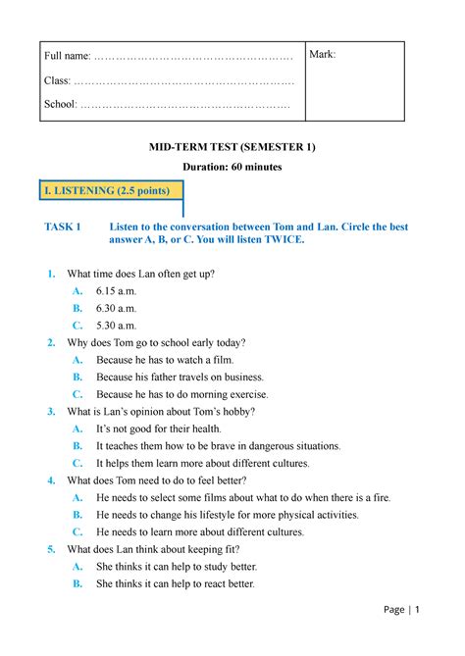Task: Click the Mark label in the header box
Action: (x=323, y=54)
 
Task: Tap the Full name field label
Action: (x=71, y=62)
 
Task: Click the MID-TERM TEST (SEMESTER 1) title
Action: (x=232, y=147)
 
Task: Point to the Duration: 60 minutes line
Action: (x=232, y=168)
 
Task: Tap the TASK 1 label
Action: (x=64, y=227)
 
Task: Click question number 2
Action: (x=51, y=342)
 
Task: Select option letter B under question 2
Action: (x=77, y=377)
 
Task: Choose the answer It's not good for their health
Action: (x=173, y=429)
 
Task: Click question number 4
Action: (x=51, y=480)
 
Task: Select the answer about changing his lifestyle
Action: (x=228, y=515)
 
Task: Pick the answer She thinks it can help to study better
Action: (x=177, y=567)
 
